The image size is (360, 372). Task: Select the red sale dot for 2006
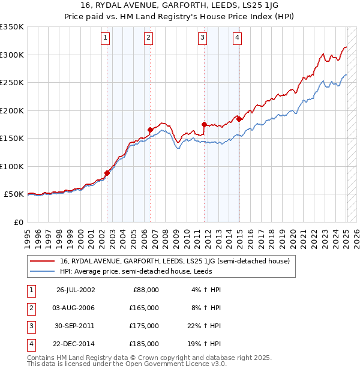150,130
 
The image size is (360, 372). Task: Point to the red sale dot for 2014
239,119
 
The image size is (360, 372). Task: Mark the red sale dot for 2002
107,173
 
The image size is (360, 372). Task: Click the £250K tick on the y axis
12,83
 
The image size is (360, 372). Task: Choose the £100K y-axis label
12,166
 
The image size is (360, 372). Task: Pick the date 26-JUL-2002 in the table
76,290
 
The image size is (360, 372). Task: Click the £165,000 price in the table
145,308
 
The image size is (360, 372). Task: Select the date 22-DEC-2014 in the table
76,344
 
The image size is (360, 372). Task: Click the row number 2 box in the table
30,308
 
